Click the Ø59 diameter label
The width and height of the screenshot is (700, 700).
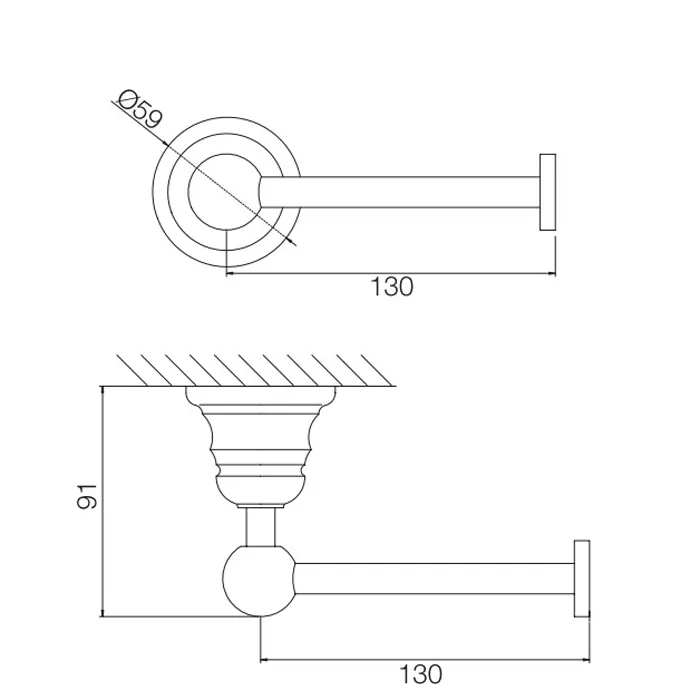click(140, 109)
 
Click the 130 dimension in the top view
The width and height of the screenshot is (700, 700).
click(392, 287)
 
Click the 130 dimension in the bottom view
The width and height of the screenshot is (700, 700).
click(421, 674)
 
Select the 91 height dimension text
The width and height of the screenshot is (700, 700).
click(88, 496)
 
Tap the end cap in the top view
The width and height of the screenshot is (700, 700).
click(547, 192)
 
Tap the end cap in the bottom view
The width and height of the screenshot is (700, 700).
click(582, 579)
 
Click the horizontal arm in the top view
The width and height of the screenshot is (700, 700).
click(400, 192)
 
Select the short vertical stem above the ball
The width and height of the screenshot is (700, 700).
click(261, 527)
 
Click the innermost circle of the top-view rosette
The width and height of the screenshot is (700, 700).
click(189, 192)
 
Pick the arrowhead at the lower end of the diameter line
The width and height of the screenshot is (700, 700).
click(292, 242)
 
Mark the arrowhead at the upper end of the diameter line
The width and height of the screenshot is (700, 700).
click(164, 143)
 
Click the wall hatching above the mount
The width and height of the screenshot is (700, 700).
click(254, 370)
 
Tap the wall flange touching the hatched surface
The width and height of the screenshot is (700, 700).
click(261, 396)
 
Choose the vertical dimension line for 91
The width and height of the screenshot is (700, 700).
click(103, 501)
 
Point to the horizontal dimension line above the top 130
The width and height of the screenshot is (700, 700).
click(391, 273)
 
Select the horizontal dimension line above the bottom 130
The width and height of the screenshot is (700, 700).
click(425, 659)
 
